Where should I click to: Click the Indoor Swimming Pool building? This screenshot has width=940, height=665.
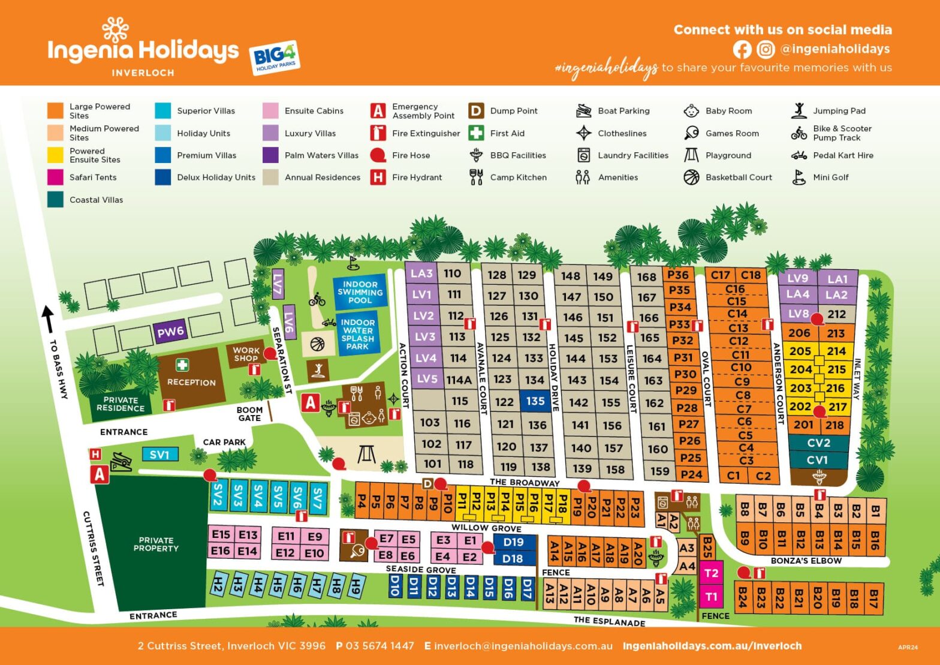coord(360,292)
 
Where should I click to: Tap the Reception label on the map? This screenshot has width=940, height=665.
coord(191,382)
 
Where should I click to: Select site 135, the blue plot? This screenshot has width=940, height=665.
coord(535,401)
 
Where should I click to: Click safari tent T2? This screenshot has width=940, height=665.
coord(711,573)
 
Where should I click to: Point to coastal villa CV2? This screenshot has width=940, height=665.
coord(818,443)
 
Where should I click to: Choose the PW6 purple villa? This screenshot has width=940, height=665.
coord(170,332)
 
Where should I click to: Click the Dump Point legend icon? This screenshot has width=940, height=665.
coord(476,111)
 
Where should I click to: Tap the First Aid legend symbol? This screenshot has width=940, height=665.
coord(476,133)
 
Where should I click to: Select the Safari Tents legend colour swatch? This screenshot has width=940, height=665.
coord(55,177)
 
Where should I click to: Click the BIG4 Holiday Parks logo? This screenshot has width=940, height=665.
coord(274,58)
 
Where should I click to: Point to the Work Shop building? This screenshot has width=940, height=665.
coord(246,354)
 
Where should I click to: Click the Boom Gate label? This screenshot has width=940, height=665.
coord(249,414)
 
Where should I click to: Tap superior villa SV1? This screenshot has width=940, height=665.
coord(159,455)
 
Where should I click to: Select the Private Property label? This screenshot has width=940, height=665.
coord(156,544)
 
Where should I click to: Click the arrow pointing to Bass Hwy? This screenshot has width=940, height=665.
coord(48,318)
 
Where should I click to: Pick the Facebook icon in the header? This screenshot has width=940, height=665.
coord(742,49)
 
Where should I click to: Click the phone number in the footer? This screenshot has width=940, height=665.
coord(375,646)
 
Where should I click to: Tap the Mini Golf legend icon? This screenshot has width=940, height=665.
coord(799,177)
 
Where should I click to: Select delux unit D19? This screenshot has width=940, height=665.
coord(513,542)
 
